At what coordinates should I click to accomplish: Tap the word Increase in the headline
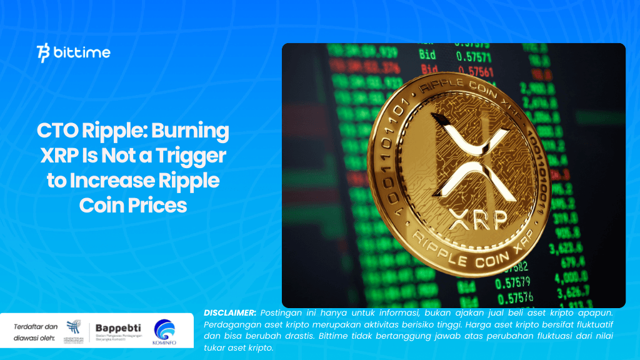tap(115, 181)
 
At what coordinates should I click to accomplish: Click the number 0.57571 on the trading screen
tap(473, 57)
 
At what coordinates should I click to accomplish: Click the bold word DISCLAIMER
tap(230, 312)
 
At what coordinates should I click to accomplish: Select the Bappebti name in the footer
tap(118, 327)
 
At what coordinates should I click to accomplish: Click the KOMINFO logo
tap(164, 331)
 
